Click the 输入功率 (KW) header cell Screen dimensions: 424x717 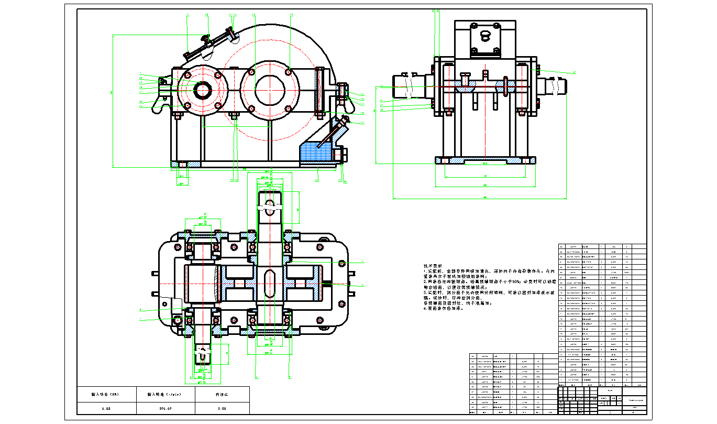click(106, 393)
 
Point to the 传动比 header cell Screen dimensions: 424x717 click(222, 393)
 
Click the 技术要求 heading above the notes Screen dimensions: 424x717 click(433, 266)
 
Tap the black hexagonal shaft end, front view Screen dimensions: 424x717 click(202, 90)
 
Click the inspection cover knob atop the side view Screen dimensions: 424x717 click(485, 36)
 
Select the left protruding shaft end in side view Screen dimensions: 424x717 click(406, 87)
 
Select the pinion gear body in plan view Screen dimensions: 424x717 click(203, 284)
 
